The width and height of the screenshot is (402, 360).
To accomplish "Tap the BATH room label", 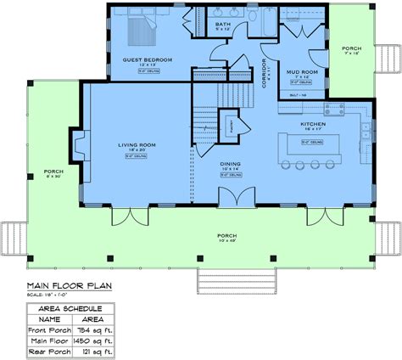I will [x=223, y=25].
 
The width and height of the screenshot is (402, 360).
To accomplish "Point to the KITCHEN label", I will [x=312, y=124].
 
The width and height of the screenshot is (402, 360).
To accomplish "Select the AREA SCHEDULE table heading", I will [x=71, y=307].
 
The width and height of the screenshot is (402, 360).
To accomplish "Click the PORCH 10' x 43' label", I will [x=202, y=235].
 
